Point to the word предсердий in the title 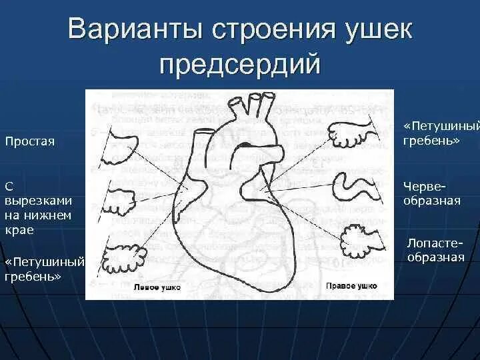[240, 65]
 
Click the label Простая [30, 141]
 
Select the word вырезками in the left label [38, 200]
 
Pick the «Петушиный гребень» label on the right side [432, 133]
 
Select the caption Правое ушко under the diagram [351, 285]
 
